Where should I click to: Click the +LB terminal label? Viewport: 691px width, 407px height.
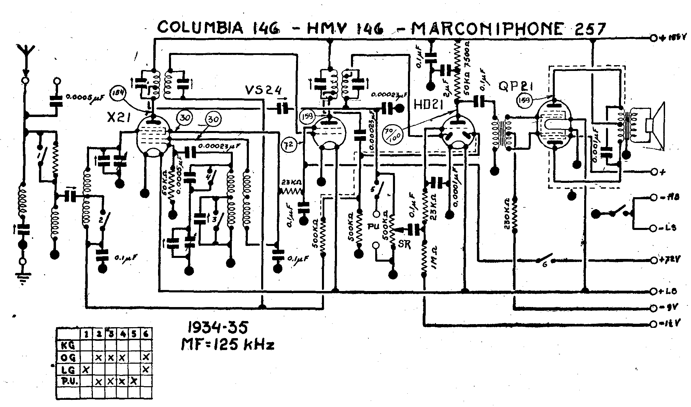(x=669, y=291)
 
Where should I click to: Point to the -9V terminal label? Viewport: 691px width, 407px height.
(x=669, y=307)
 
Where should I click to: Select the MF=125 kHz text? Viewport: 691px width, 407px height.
(x=227, y=345)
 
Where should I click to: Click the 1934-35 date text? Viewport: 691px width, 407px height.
(x=218, y=328)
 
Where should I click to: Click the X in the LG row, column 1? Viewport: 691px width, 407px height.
(x=86, y=369)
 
